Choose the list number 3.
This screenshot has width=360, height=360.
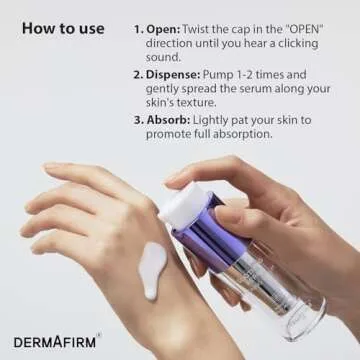click(x=139, y=121)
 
